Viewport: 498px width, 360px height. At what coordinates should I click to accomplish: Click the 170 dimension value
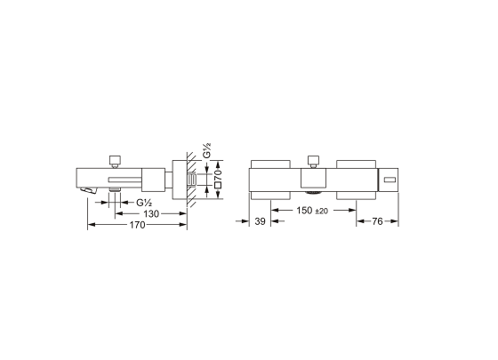137,225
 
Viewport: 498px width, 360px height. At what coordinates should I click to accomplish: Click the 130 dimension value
151,214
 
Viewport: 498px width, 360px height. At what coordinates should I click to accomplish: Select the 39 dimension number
260,221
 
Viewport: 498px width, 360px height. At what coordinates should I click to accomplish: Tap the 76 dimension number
377,221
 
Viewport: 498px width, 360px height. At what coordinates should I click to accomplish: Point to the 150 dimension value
304,210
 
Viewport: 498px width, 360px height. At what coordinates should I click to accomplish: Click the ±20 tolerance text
321,212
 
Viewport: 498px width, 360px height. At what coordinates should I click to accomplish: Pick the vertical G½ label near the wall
207,150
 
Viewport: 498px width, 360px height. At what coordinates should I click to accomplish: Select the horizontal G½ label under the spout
144,203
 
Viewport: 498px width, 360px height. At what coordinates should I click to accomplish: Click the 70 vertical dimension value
218,172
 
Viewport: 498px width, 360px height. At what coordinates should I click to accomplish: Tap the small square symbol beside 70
218,186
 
